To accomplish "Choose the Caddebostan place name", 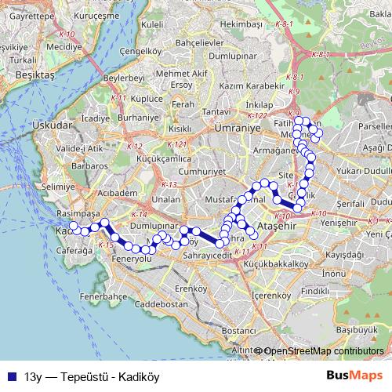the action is (x=158, y=303).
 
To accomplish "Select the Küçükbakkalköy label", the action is (x=274, y=265).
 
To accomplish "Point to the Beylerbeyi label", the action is (x=125, y=79).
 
